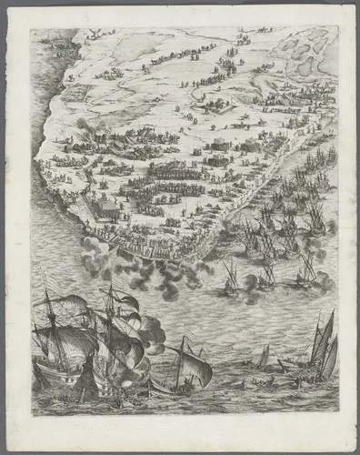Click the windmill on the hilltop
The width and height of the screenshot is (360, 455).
pyautogui.click(x=91, y=35)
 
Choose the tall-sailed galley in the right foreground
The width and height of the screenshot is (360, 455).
pyautogui.click(x=323, y=346)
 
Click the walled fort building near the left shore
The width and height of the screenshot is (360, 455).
pyautogui.click(x=107, y=210)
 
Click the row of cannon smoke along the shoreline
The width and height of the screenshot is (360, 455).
pyautogui.click(x=136, y=268)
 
